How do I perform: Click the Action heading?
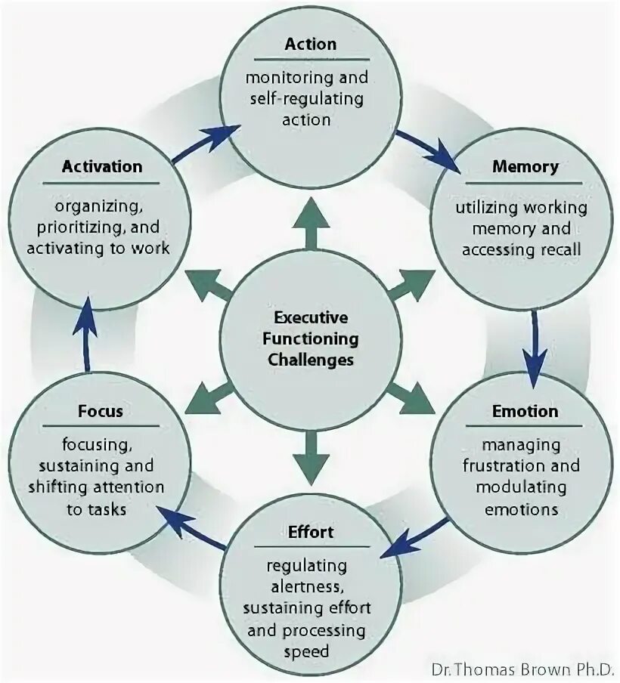tap(309, 44)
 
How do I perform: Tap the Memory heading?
tap(525, 166)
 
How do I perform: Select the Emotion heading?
tap(525, 412)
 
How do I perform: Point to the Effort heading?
tap(310, 532)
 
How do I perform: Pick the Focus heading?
tap(100, 412)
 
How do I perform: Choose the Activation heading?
tap(101, 166)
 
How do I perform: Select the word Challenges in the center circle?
tap(310, 360)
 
